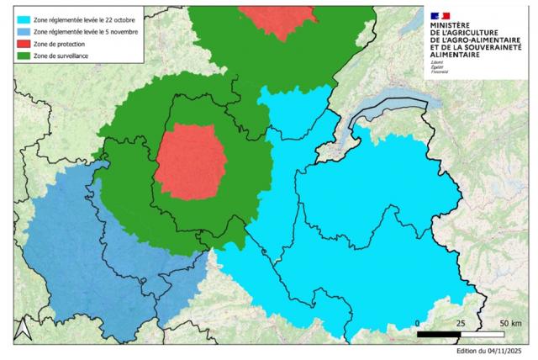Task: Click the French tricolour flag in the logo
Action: coord(440,15)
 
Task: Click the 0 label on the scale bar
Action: coord(418,323)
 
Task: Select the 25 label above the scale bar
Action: coord(461,323)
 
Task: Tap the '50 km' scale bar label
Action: coord(510,323)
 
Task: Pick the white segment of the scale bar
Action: coord(483,334)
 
